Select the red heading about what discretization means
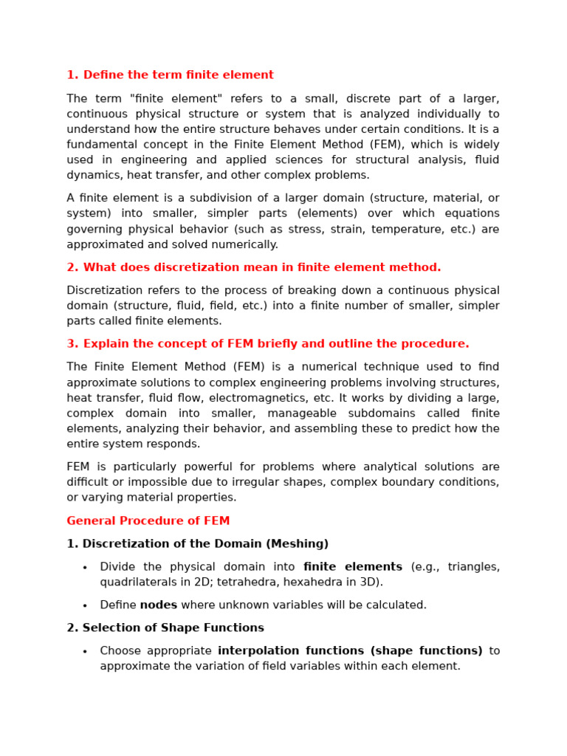pos(261,267)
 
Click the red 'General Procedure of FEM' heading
pos(148,521)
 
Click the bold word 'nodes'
pos(159,605)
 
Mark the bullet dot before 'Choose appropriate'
pos(85,652)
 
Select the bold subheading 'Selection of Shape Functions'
pos(173,628)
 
